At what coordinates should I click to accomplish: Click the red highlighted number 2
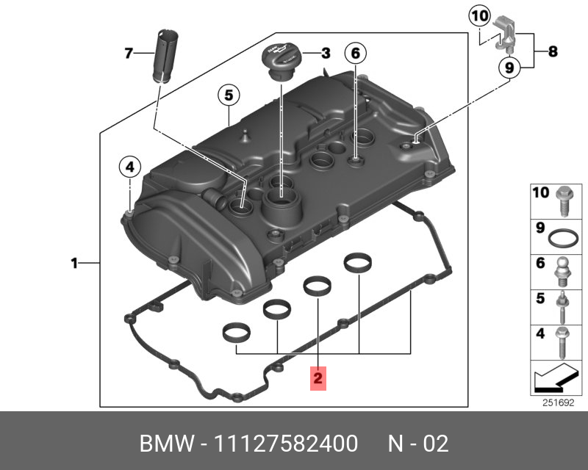click(318, 378)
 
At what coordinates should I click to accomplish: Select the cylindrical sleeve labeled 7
click(164, 56)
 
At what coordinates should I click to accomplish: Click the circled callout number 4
click(130, 167)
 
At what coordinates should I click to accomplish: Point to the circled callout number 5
click(229, 95)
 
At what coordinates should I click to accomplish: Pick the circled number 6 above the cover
click(356, 54)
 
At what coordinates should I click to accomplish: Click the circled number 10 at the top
click(480, 15)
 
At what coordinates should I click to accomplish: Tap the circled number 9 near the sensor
click(509, 68)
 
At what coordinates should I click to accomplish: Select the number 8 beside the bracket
click(553, 51)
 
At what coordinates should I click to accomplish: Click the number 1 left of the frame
click(74, 264)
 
